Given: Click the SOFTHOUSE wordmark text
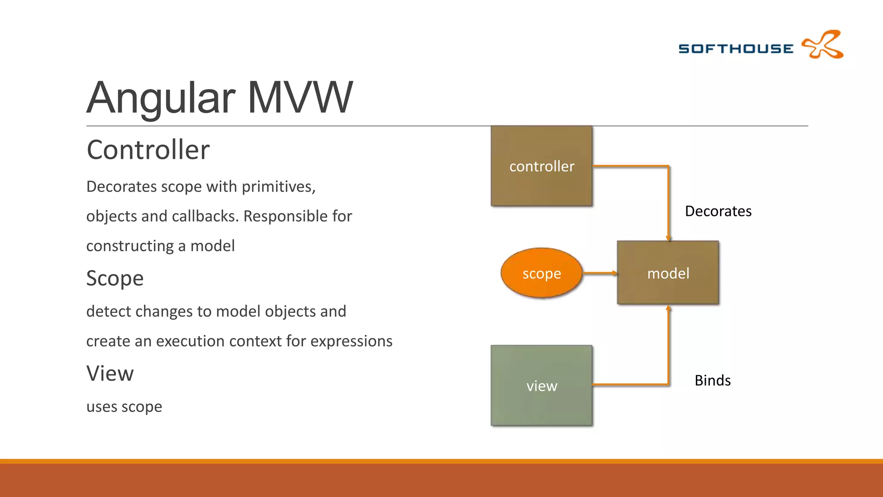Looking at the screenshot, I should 736,49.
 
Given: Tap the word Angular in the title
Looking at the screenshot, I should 161,98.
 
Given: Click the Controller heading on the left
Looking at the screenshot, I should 148,150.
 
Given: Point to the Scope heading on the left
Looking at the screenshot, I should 115,278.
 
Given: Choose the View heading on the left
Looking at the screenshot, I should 110,374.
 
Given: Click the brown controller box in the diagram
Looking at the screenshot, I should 542,166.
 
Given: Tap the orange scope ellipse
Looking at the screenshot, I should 542,273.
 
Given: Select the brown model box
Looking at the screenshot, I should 668,273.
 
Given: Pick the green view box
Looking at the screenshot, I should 542,385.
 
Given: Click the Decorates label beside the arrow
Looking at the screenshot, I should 718,211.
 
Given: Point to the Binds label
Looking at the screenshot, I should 712,381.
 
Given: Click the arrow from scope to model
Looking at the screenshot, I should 600,273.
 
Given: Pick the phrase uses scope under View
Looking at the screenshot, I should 124,407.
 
